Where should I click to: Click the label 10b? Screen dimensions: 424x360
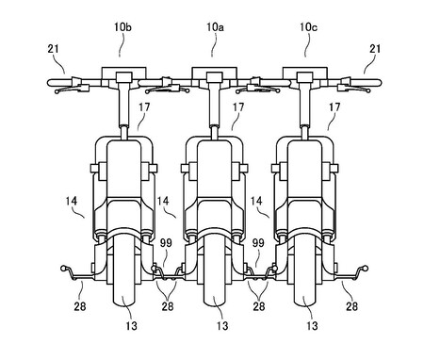(122, 27)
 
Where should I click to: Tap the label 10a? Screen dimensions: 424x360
(215, 27)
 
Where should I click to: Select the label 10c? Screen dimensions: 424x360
(308, 27)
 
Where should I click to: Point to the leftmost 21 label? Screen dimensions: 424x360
(54, 49)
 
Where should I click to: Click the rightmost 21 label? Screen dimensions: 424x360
(375, 49)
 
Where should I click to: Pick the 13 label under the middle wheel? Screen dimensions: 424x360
(222, 326)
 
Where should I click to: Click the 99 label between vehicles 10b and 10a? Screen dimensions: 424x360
(166, 243)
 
